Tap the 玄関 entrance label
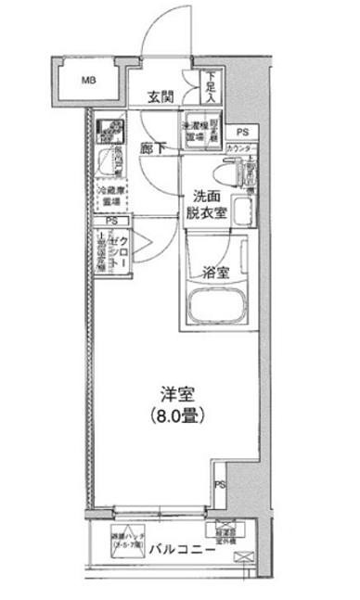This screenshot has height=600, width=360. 162,96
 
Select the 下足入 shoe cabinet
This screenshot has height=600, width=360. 211,87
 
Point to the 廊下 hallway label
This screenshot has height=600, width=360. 156,147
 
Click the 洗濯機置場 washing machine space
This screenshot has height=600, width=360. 192,131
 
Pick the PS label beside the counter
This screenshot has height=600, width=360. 242,133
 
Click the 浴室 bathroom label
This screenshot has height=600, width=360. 216,272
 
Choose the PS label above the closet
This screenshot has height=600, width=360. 111,222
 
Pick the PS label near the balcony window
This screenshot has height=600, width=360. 221,485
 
